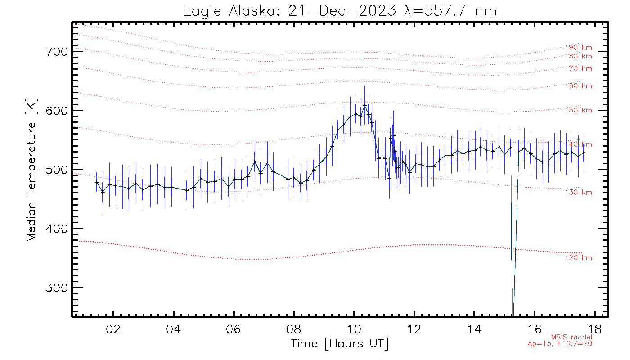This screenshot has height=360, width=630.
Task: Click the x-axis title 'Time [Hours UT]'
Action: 339,344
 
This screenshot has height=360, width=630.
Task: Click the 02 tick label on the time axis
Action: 112,329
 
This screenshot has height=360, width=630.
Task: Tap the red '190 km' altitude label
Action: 579,47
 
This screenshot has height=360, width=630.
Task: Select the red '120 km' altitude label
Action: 579,258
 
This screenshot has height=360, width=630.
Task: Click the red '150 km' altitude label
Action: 579,111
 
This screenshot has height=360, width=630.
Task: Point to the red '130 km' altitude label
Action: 579,193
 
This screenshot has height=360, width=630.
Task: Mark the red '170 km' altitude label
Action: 579,69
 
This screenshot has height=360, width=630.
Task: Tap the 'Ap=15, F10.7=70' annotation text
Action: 560,344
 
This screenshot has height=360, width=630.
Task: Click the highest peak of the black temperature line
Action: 364,105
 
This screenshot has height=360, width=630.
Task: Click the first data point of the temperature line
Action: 97,182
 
